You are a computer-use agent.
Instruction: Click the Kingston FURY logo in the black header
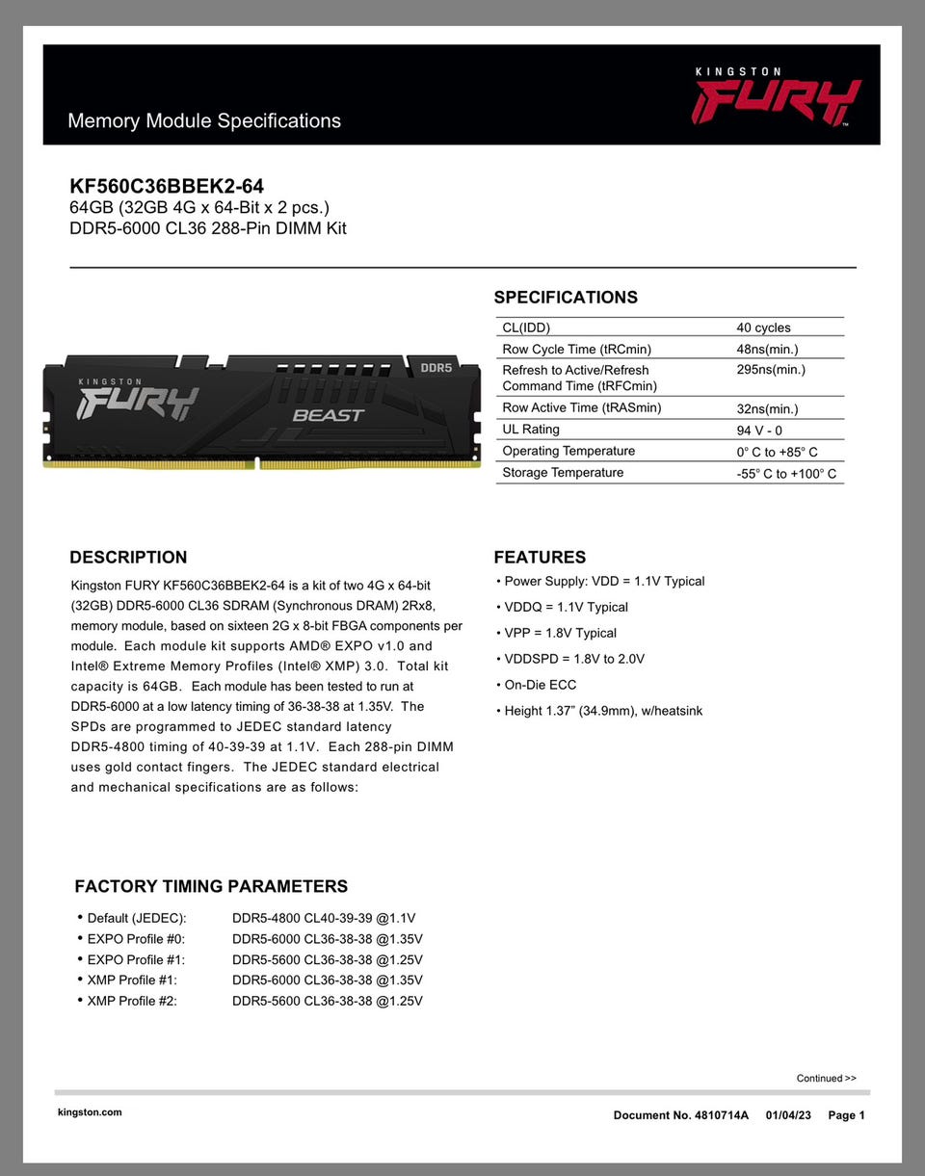776,96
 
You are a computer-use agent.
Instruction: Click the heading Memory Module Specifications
204,121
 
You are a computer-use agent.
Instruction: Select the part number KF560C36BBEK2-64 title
167,186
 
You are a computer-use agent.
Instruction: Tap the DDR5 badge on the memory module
436,368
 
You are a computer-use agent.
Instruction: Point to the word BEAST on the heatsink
328,415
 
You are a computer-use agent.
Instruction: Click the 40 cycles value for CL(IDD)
763,328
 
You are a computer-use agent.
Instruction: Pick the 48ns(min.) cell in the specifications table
767,350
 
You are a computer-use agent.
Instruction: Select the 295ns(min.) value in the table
771,370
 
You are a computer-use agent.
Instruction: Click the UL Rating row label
531,430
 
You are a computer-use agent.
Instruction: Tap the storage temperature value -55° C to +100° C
786,474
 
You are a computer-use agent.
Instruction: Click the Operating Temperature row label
568,451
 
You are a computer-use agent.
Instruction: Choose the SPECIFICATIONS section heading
566,298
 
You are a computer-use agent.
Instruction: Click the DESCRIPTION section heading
128,558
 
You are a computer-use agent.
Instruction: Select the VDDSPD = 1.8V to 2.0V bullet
574,659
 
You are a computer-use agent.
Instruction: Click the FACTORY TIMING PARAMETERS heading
211,886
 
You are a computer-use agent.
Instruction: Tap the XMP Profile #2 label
132,1001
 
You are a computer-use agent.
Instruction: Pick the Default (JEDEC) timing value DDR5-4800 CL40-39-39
324,918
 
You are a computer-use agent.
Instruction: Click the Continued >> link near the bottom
826,1078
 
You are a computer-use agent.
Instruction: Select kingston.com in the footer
90,1112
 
